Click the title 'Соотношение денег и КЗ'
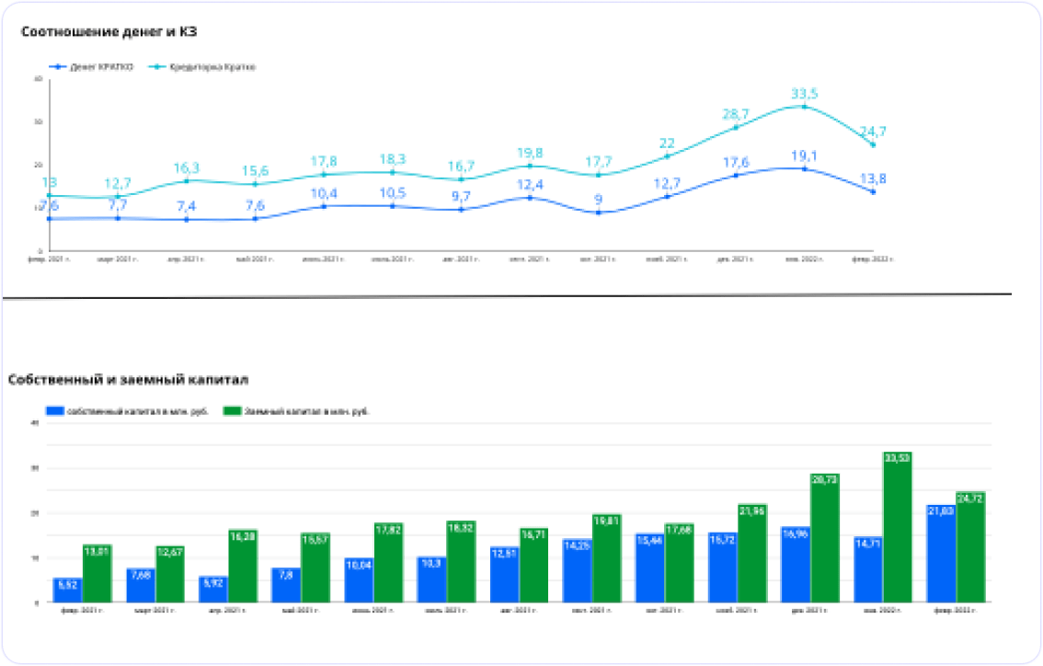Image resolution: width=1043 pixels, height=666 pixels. [110, 32]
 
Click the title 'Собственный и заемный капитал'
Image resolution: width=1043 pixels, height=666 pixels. [128, 379]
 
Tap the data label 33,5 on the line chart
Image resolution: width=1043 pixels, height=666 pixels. [805, 93]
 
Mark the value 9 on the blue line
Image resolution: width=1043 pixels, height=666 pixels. [598, 199]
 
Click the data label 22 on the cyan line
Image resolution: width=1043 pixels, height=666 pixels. [668, 143]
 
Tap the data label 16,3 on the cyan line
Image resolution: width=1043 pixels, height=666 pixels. [187, 167]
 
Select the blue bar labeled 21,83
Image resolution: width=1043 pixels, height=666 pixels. [941, 553]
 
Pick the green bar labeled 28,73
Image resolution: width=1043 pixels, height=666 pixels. [824, 538]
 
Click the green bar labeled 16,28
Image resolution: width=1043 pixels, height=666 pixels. [243, 566]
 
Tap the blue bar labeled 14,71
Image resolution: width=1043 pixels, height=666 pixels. [868, 569]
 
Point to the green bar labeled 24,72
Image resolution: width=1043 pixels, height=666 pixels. [969, 547]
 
